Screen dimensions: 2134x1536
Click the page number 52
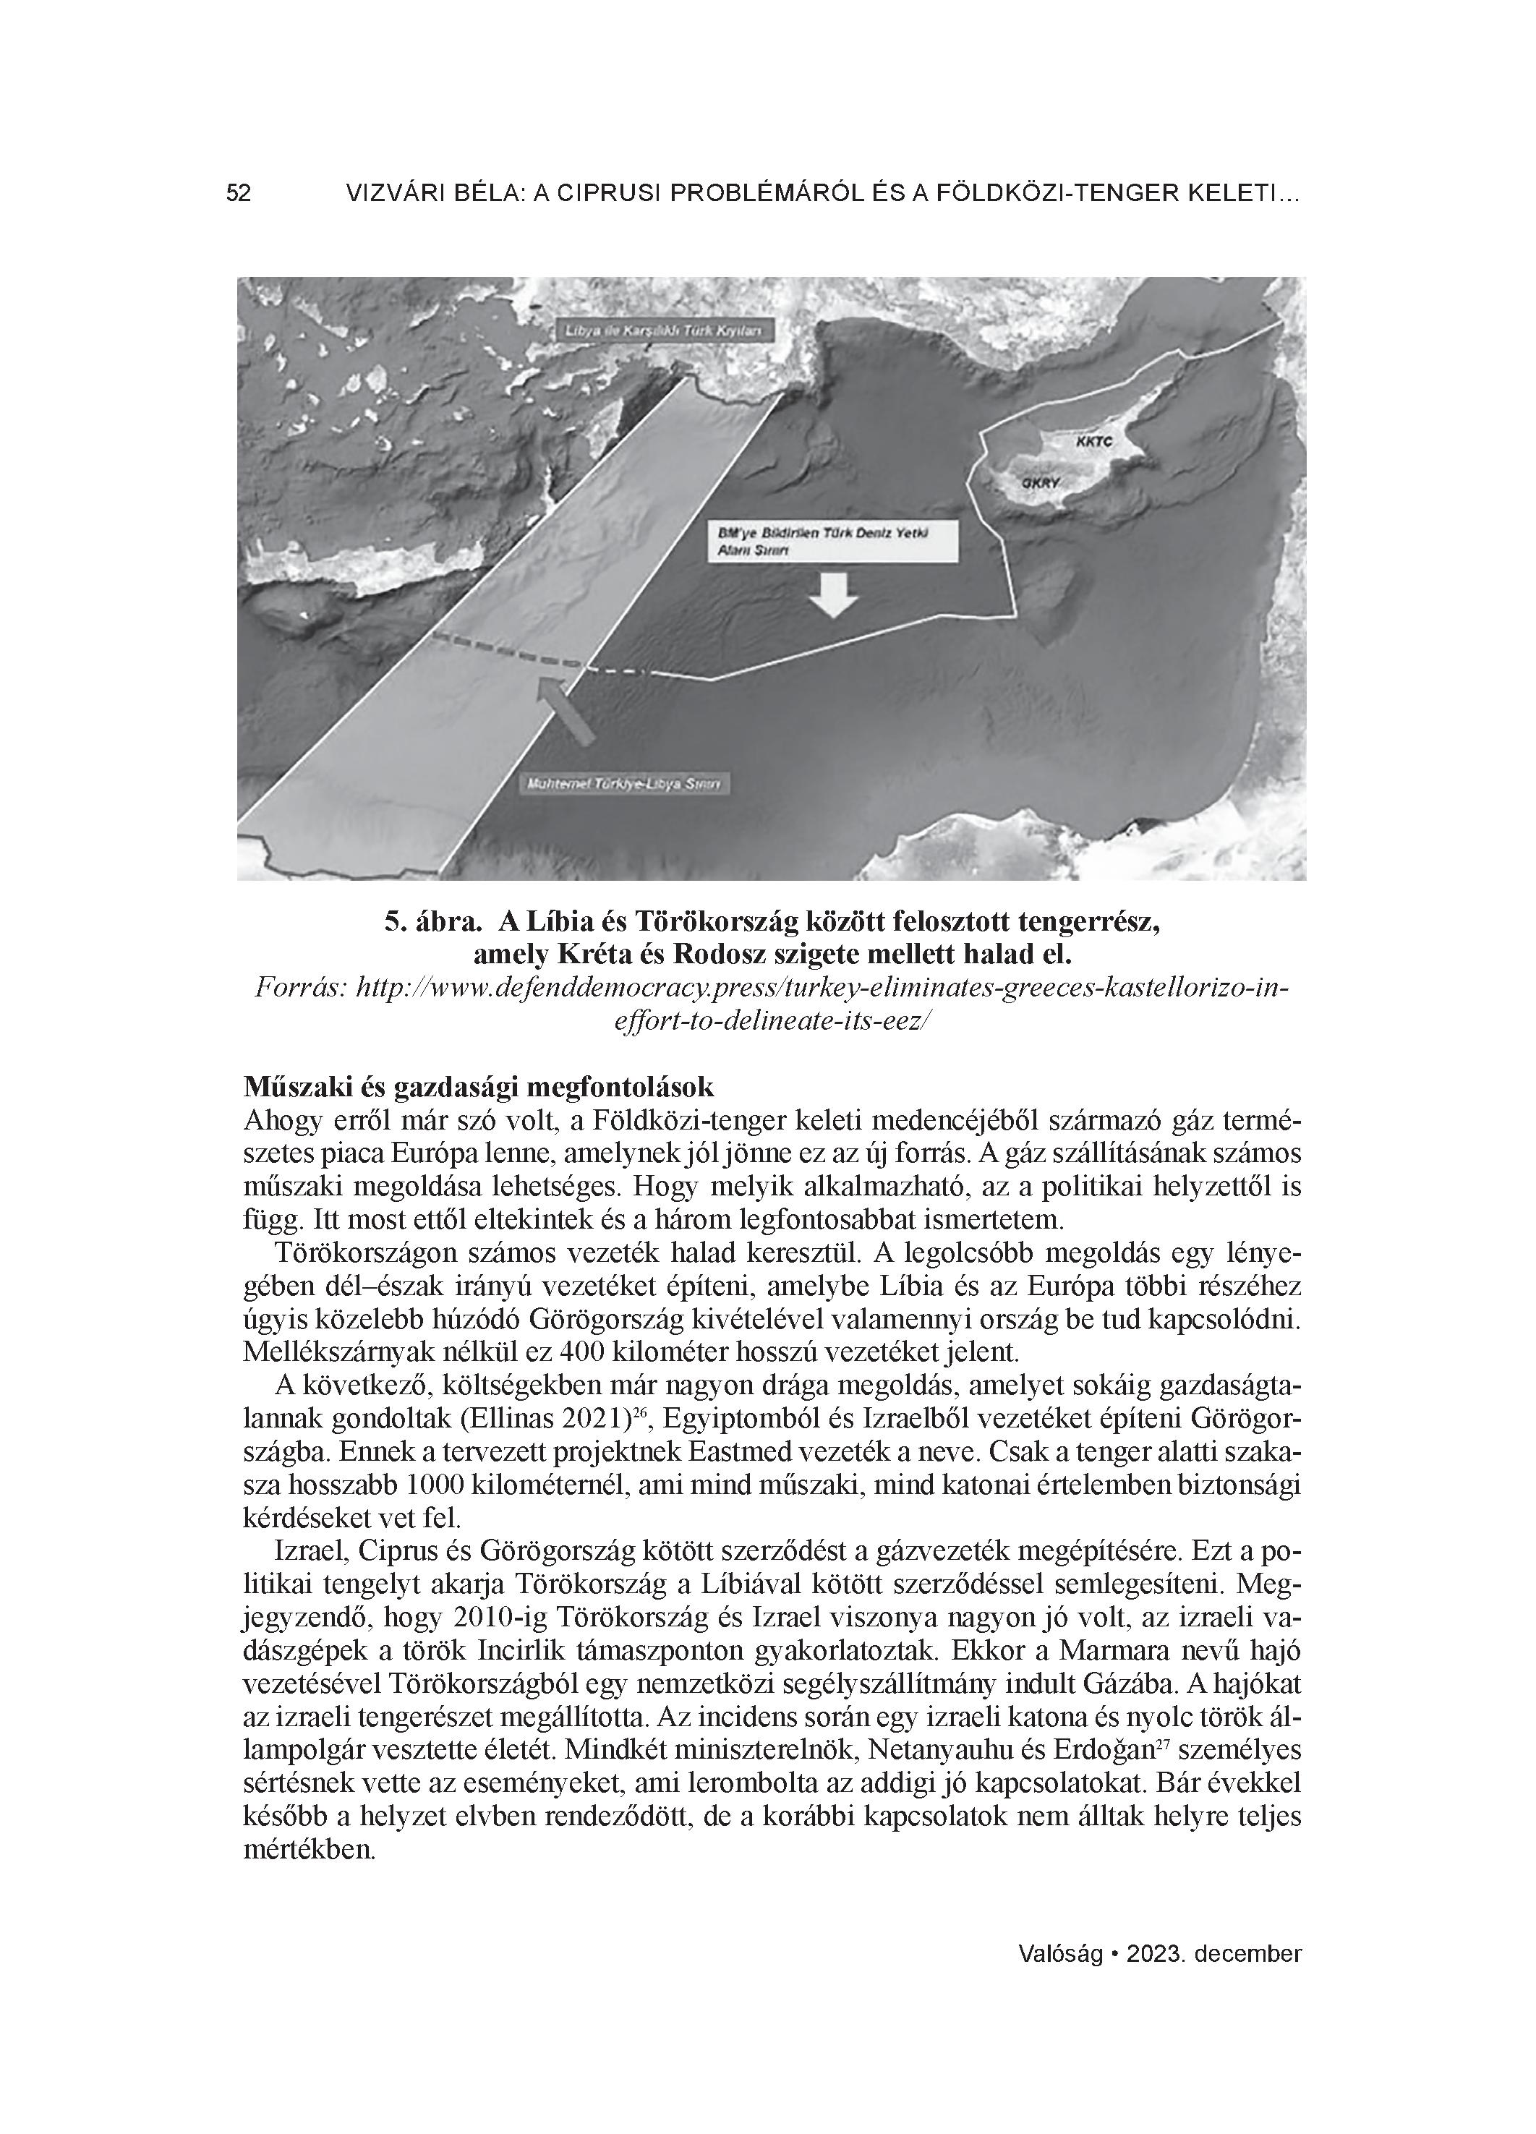point(238,194)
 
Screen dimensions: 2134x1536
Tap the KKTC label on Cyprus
point(1093,440)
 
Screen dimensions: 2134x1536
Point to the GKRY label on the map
point(1041,482)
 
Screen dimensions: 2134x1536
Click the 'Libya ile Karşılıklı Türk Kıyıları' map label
point(667,331)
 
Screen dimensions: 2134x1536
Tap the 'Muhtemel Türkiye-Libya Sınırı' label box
point(626,784)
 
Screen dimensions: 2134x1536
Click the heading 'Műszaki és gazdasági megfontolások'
point(479,1087)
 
